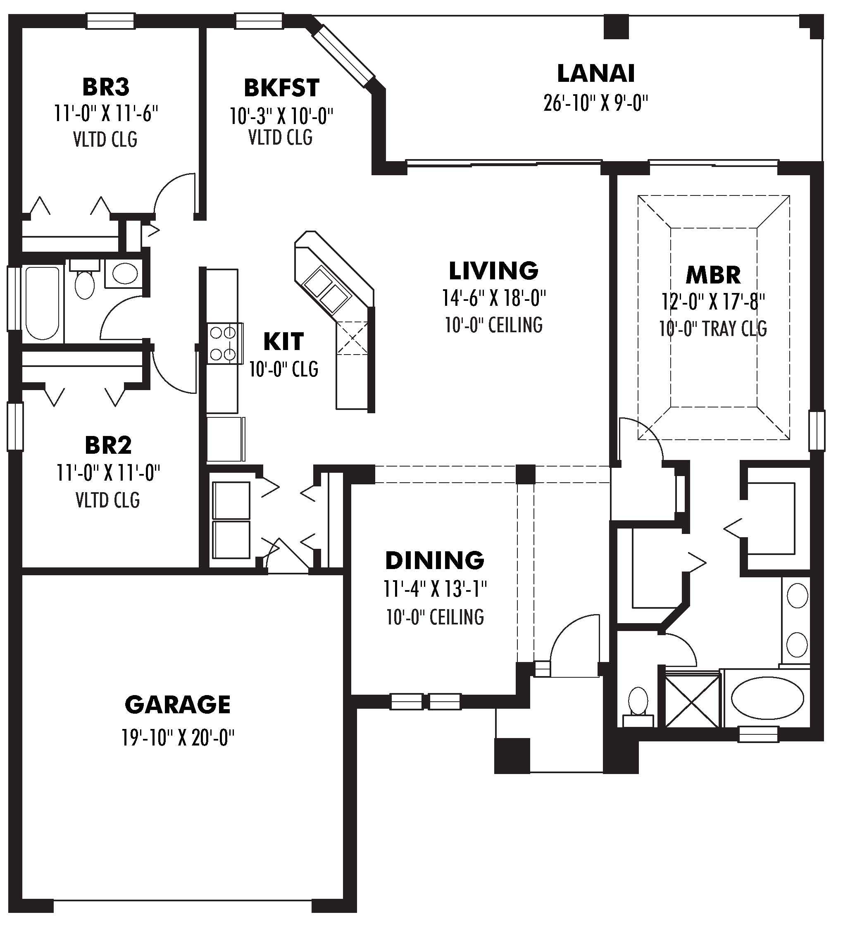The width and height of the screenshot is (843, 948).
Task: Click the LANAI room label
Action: [x=595, y=74]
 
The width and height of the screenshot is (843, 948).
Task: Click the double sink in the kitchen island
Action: [x=326, y=289]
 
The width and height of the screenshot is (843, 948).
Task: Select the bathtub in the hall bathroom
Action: [x=42, y=303]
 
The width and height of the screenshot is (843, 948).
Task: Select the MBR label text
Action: [x=713, y=275]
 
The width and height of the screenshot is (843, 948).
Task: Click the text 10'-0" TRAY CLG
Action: [x=713, y=329]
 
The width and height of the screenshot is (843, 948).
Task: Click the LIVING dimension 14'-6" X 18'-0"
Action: [x=493, y=298]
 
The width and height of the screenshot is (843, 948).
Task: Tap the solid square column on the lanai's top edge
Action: [x=616, y=26]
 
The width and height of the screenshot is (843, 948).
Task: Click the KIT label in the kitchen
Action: [x=283, y=342]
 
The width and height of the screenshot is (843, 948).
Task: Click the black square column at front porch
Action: [x=512, y=756]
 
